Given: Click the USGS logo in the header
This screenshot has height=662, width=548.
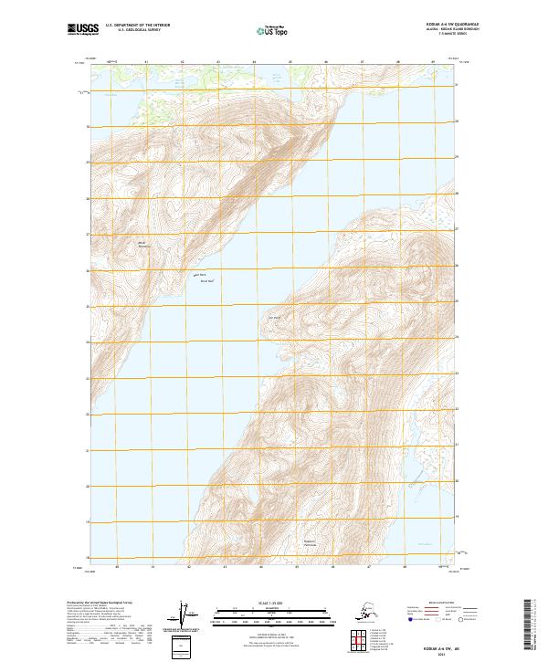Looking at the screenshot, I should [79, 29].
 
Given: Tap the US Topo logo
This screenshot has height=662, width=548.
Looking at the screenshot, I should [274, 29].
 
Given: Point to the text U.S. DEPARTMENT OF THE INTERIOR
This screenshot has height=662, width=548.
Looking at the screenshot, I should [134, 26].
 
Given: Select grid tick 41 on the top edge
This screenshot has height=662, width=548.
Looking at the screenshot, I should [147, 62].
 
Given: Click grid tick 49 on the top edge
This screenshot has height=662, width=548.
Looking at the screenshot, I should [433, 62].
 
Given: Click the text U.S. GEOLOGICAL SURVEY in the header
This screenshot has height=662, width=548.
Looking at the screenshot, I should [134, 30].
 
